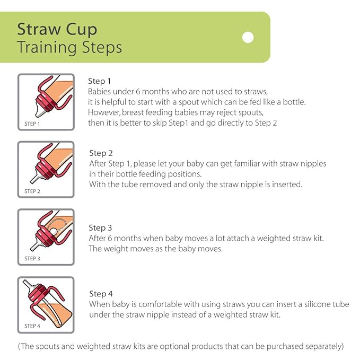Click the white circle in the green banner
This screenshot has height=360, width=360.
[x=248, y=37]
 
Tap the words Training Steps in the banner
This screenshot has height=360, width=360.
[x=69, y=47]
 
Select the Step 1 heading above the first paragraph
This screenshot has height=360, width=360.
[x=99, y=81]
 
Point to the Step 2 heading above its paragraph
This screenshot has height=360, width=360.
[x=101, y=153]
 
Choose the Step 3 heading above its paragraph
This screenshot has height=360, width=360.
[x=101, y=228]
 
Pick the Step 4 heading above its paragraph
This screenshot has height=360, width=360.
[x=101, y=294]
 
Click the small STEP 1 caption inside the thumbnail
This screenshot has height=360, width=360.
[x=32, y=124]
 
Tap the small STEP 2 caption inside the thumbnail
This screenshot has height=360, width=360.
[x=32, y=191]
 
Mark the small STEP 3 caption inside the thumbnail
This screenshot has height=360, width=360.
[x=32, y=258]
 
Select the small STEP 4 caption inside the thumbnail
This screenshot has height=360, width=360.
[x=32, y=326]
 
